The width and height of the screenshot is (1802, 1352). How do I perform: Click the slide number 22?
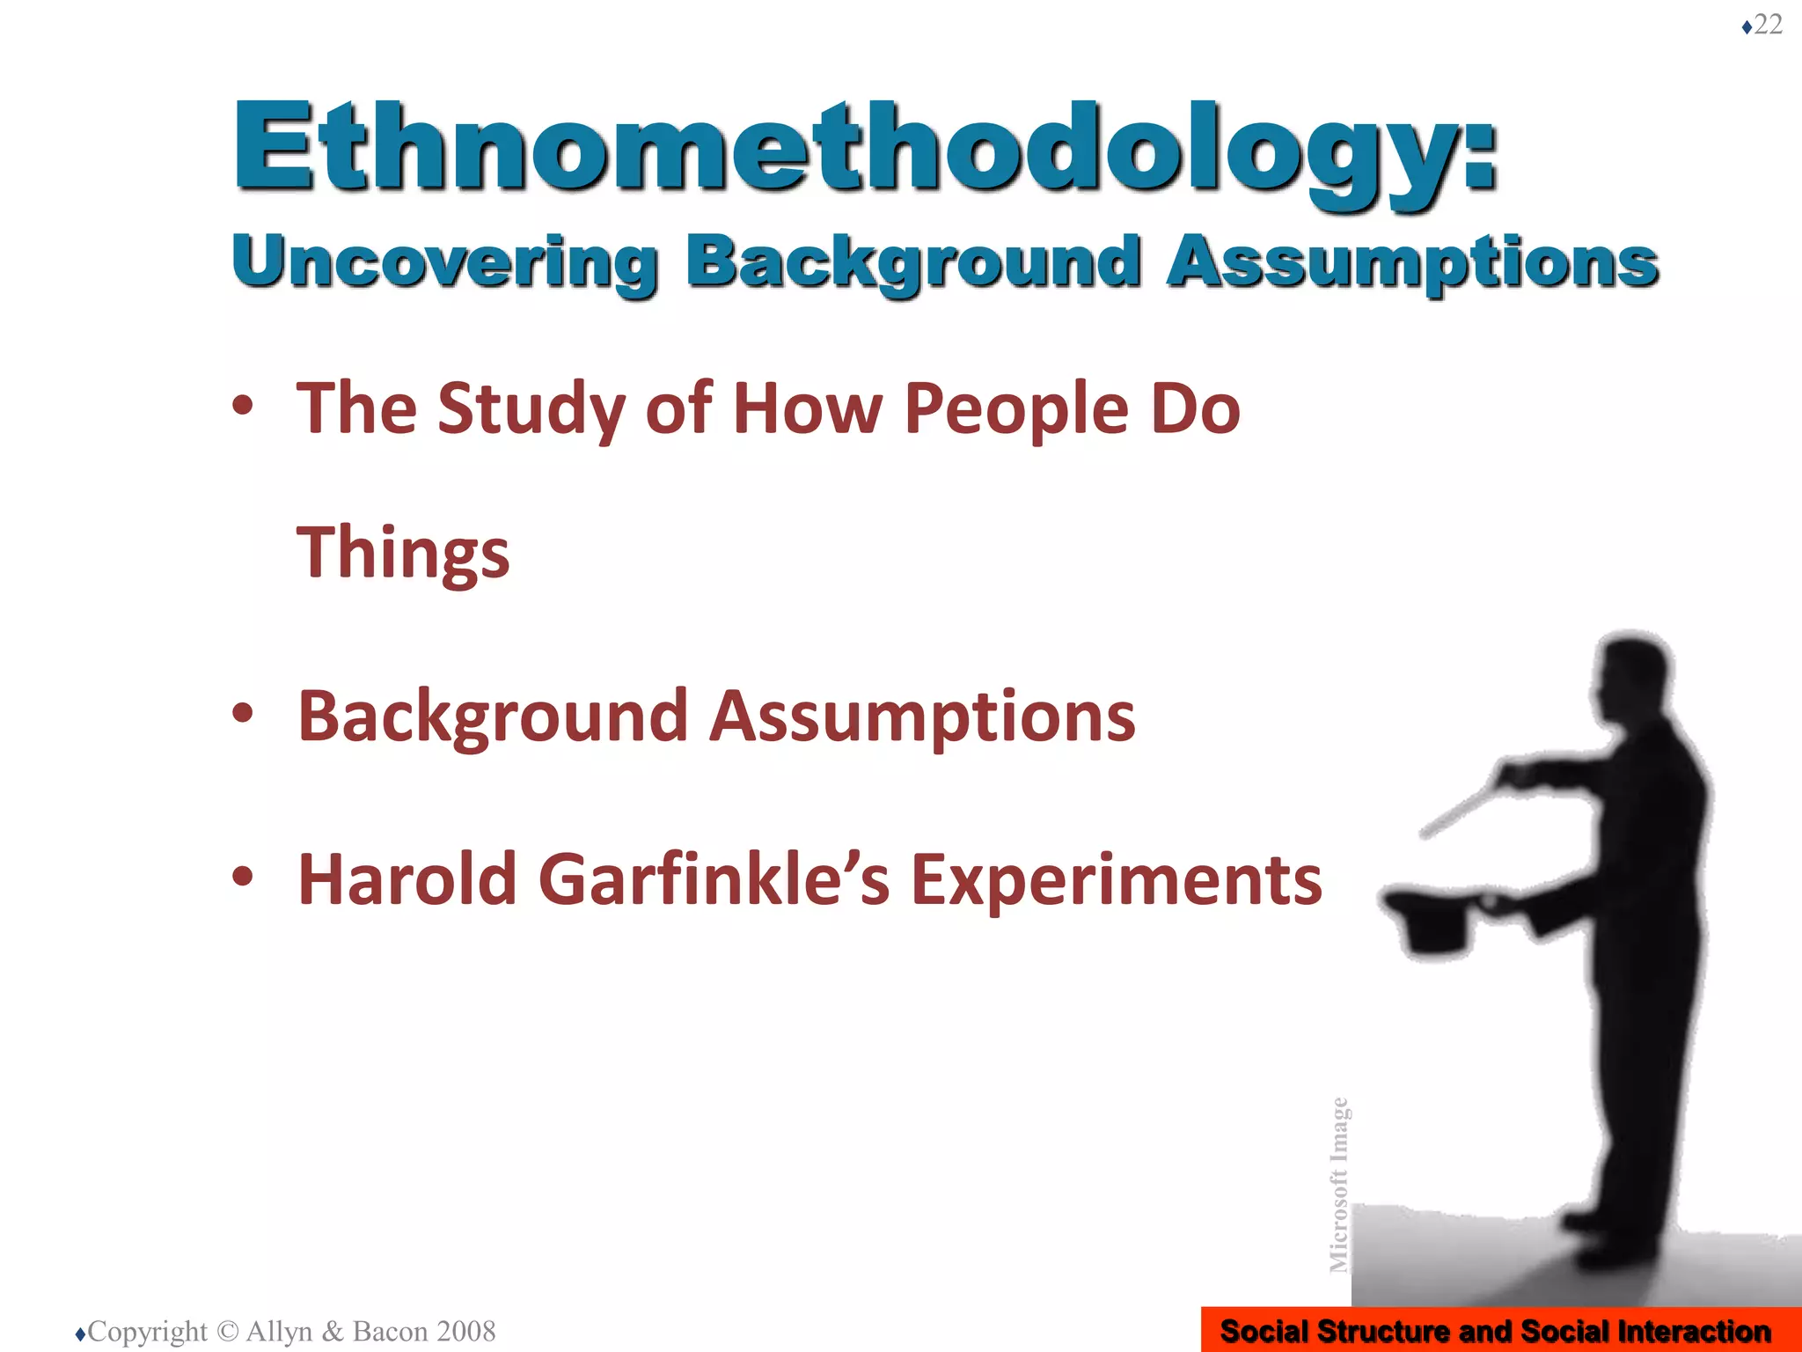pos(1768,25)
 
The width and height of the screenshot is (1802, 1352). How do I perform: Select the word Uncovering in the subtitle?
pos(444,261)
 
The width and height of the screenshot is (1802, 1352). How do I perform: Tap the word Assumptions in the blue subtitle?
pos(1412,261)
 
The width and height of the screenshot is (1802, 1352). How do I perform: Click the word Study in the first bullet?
pos(532,409)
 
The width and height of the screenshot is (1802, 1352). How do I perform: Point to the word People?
pos(1016,409)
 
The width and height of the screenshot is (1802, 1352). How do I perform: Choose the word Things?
pos(403,553)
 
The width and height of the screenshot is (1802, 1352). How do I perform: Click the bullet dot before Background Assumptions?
pos(243,713)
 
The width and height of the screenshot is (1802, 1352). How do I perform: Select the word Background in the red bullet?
pos(492,717)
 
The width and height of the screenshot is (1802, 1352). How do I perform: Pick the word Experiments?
pos(1117,880)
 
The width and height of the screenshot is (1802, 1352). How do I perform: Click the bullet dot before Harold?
pos(243,877)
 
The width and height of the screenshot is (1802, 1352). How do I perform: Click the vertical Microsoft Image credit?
pos(1338,1184)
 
